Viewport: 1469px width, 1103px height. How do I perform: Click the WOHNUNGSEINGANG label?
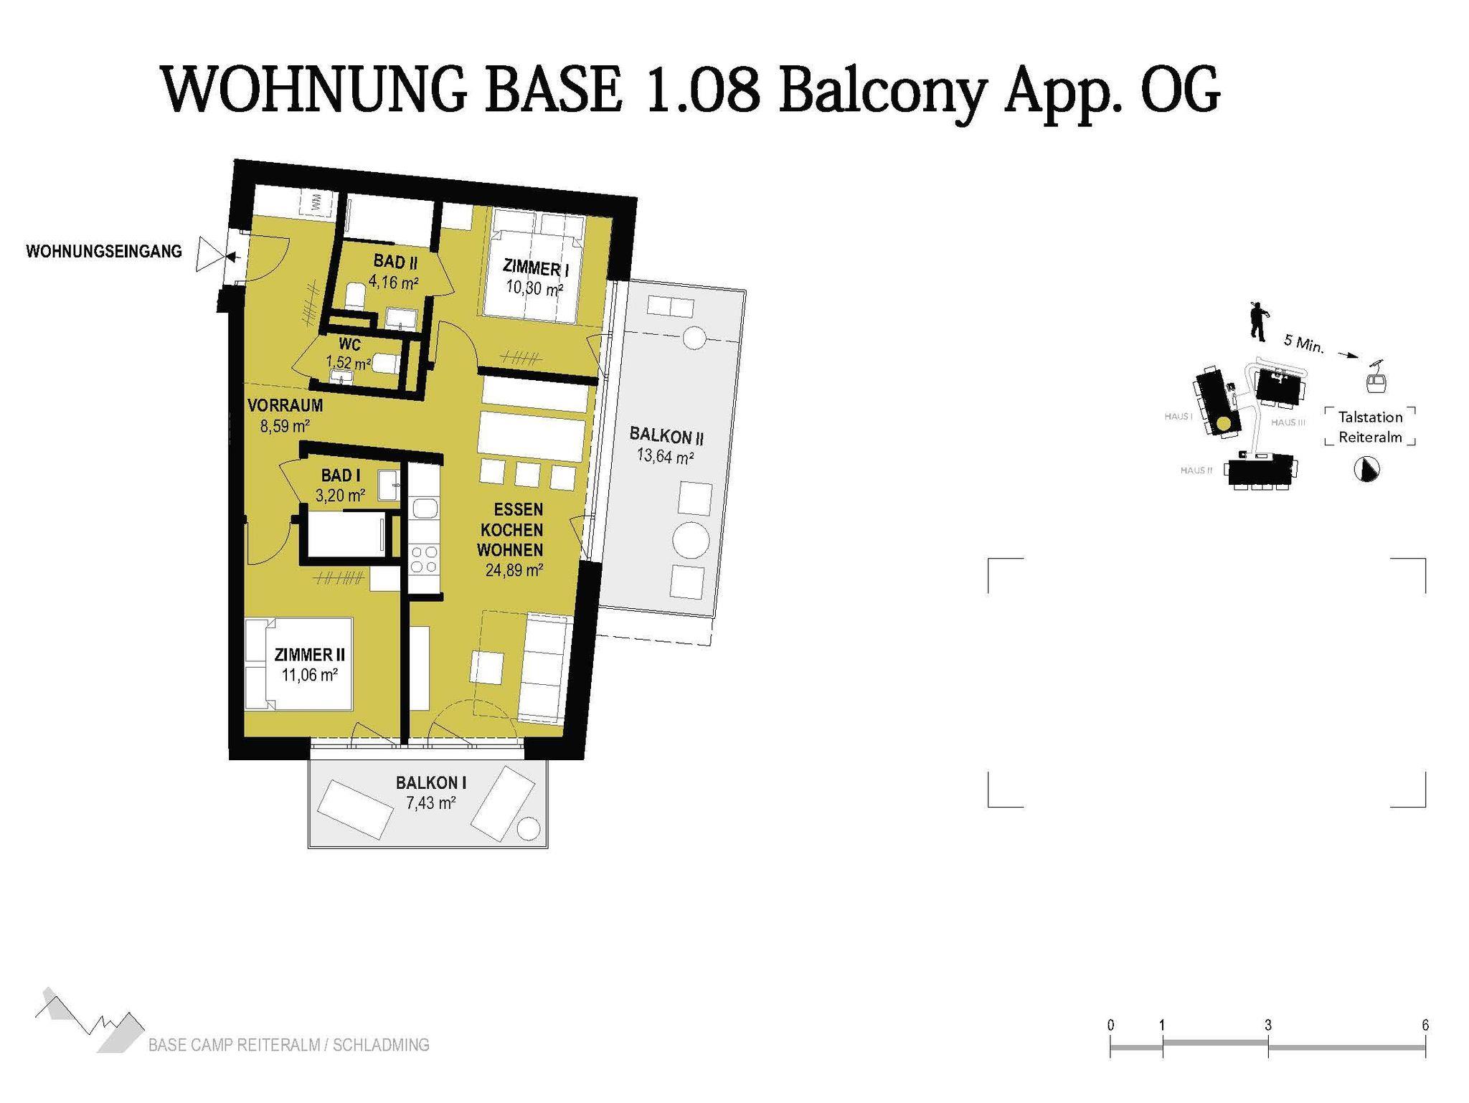point(104,252)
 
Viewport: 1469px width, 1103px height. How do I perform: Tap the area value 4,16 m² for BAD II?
point(394,282)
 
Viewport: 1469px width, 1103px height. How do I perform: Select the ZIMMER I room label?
point(536,269)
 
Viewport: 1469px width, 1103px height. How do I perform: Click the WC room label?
point(350,345)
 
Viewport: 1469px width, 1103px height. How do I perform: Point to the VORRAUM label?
point(285,405)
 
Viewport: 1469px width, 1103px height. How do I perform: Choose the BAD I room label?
point(341,475)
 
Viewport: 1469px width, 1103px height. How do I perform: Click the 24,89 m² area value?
point(514,571)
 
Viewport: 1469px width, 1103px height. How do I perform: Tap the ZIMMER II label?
point(310,655)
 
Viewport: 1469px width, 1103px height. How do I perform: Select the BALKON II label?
point(666,436)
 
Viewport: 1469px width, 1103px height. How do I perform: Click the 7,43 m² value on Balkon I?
point(431,803)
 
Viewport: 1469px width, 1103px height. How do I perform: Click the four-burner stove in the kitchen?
point(422,559)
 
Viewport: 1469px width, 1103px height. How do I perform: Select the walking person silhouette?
point(1257,321)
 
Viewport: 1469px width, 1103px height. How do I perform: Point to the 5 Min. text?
point(1303,344)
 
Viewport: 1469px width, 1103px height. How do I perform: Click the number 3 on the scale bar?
point(1268,1026)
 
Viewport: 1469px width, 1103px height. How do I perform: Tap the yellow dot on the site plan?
point(1223,425)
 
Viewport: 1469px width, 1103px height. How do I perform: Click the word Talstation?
point(1370,417)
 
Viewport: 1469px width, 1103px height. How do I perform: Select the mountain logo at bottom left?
point(89,1020)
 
